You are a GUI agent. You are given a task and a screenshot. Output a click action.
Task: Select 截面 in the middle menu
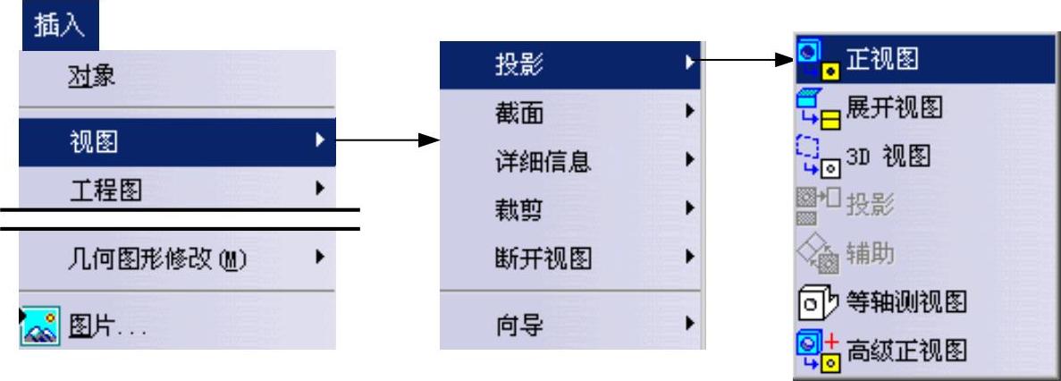pyautogui.click(x=518, y=112)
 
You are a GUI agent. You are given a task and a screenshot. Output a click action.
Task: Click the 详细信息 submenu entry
pyautogui.click(x=535, y=162)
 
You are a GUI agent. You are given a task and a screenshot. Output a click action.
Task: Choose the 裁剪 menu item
pyautogui.click(x=518, y=211)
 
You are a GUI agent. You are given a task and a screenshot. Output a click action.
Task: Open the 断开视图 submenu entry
pyautogui.click(x=535, y=260)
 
